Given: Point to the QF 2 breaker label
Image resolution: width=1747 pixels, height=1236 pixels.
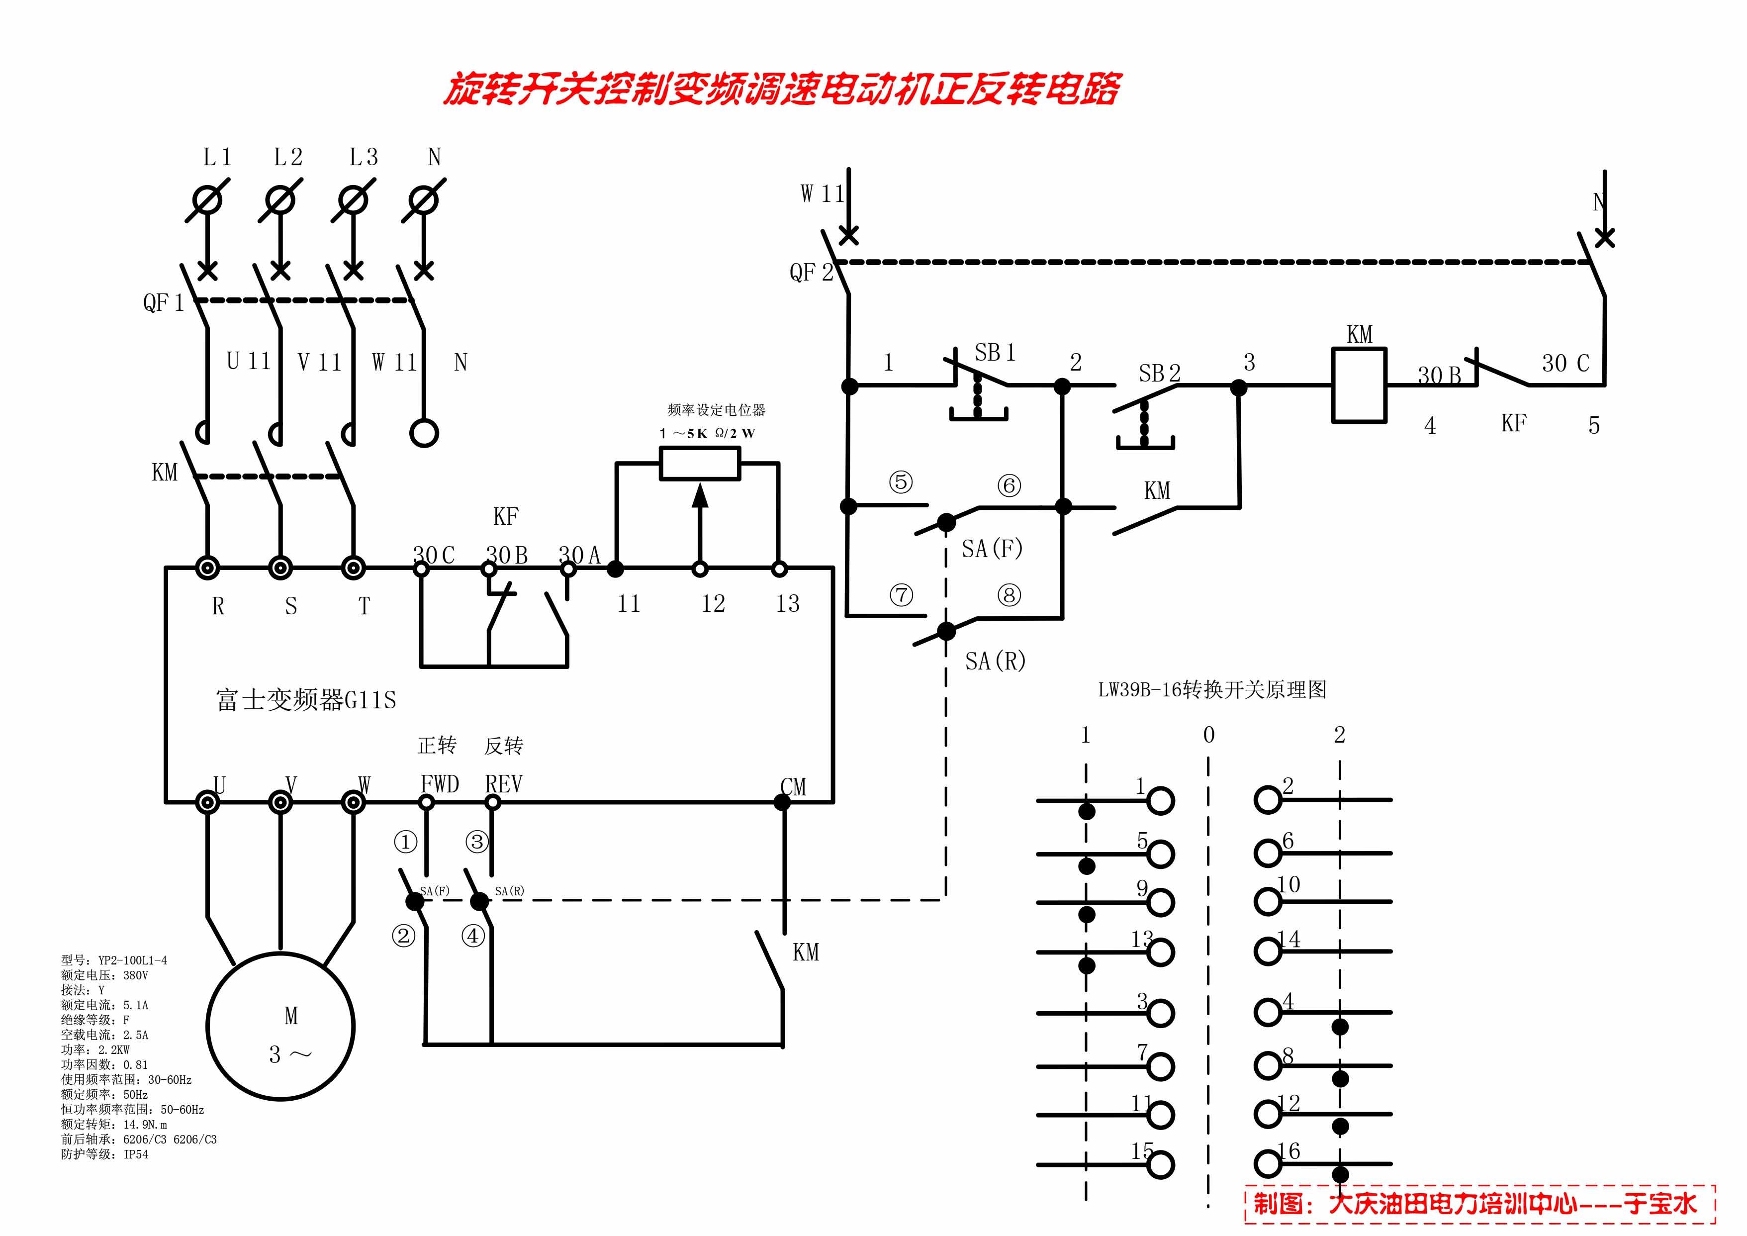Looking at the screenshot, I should click(811, 273).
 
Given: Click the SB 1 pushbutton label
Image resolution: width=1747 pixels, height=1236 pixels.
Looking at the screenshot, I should click(995, 352).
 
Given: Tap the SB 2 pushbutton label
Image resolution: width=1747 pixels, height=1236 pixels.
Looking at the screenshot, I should click(1159, 373).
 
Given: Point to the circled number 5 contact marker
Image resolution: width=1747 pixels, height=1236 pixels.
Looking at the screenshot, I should click(901, 482).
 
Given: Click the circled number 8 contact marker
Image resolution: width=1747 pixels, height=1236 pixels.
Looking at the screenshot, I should click(1009, 595).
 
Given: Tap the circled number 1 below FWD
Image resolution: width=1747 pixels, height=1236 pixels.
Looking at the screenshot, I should click(405, 842).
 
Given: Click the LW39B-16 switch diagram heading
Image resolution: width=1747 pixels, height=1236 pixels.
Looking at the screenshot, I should click(1211, 689).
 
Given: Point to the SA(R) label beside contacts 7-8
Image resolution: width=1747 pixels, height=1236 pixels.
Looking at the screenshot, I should click(995, 661).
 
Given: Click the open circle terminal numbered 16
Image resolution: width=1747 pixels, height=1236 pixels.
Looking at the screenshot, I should click(1268, 1164).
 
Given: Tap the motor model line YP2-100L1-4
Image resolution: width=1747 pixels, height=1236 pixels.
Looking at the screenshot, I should click(114, 960).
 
